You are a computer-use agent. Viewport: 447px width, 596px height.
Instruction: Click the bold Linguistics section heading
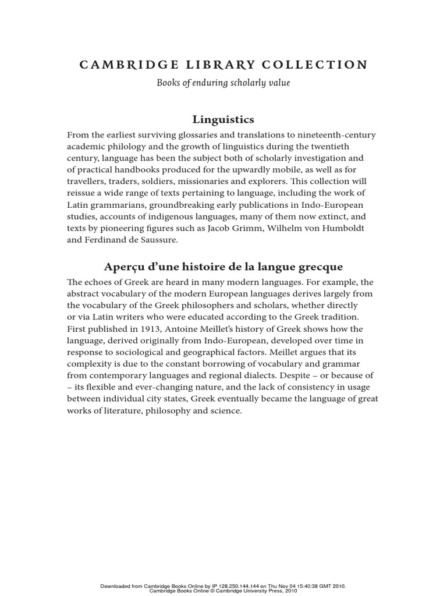(223, 119)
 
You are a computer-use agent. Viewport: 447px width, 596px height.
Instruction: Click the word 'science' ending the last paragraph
(223, 411)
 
